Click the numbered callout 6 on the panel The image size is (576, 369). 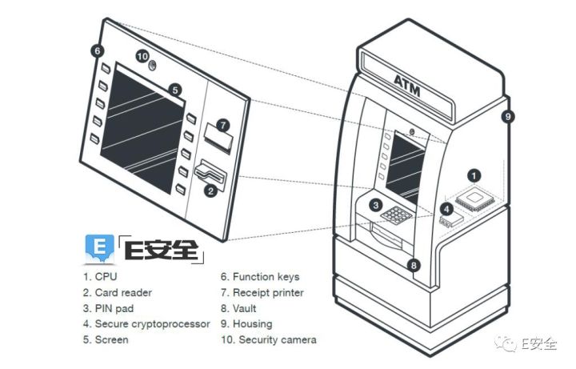[97, 50]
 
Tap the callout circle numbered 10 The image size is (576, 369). [142, 56]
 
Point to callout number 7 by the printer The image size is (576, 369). [223, 126]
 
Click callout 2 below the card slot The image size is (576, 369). [210, 191]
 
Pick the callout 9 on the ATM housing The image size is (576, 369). [507, 116]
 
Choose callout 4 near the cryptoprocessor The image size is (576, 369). [447, 210]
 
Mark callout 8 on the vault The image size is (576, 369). [413, 265]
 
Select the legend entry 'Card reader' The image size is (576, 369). [118, 293]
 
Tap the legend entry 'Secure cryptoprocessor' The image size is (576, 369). [146, 324]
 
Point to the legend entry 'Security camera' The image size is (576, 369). [268, 339]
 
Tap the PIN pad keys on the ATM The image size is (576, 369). [397, 215]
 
